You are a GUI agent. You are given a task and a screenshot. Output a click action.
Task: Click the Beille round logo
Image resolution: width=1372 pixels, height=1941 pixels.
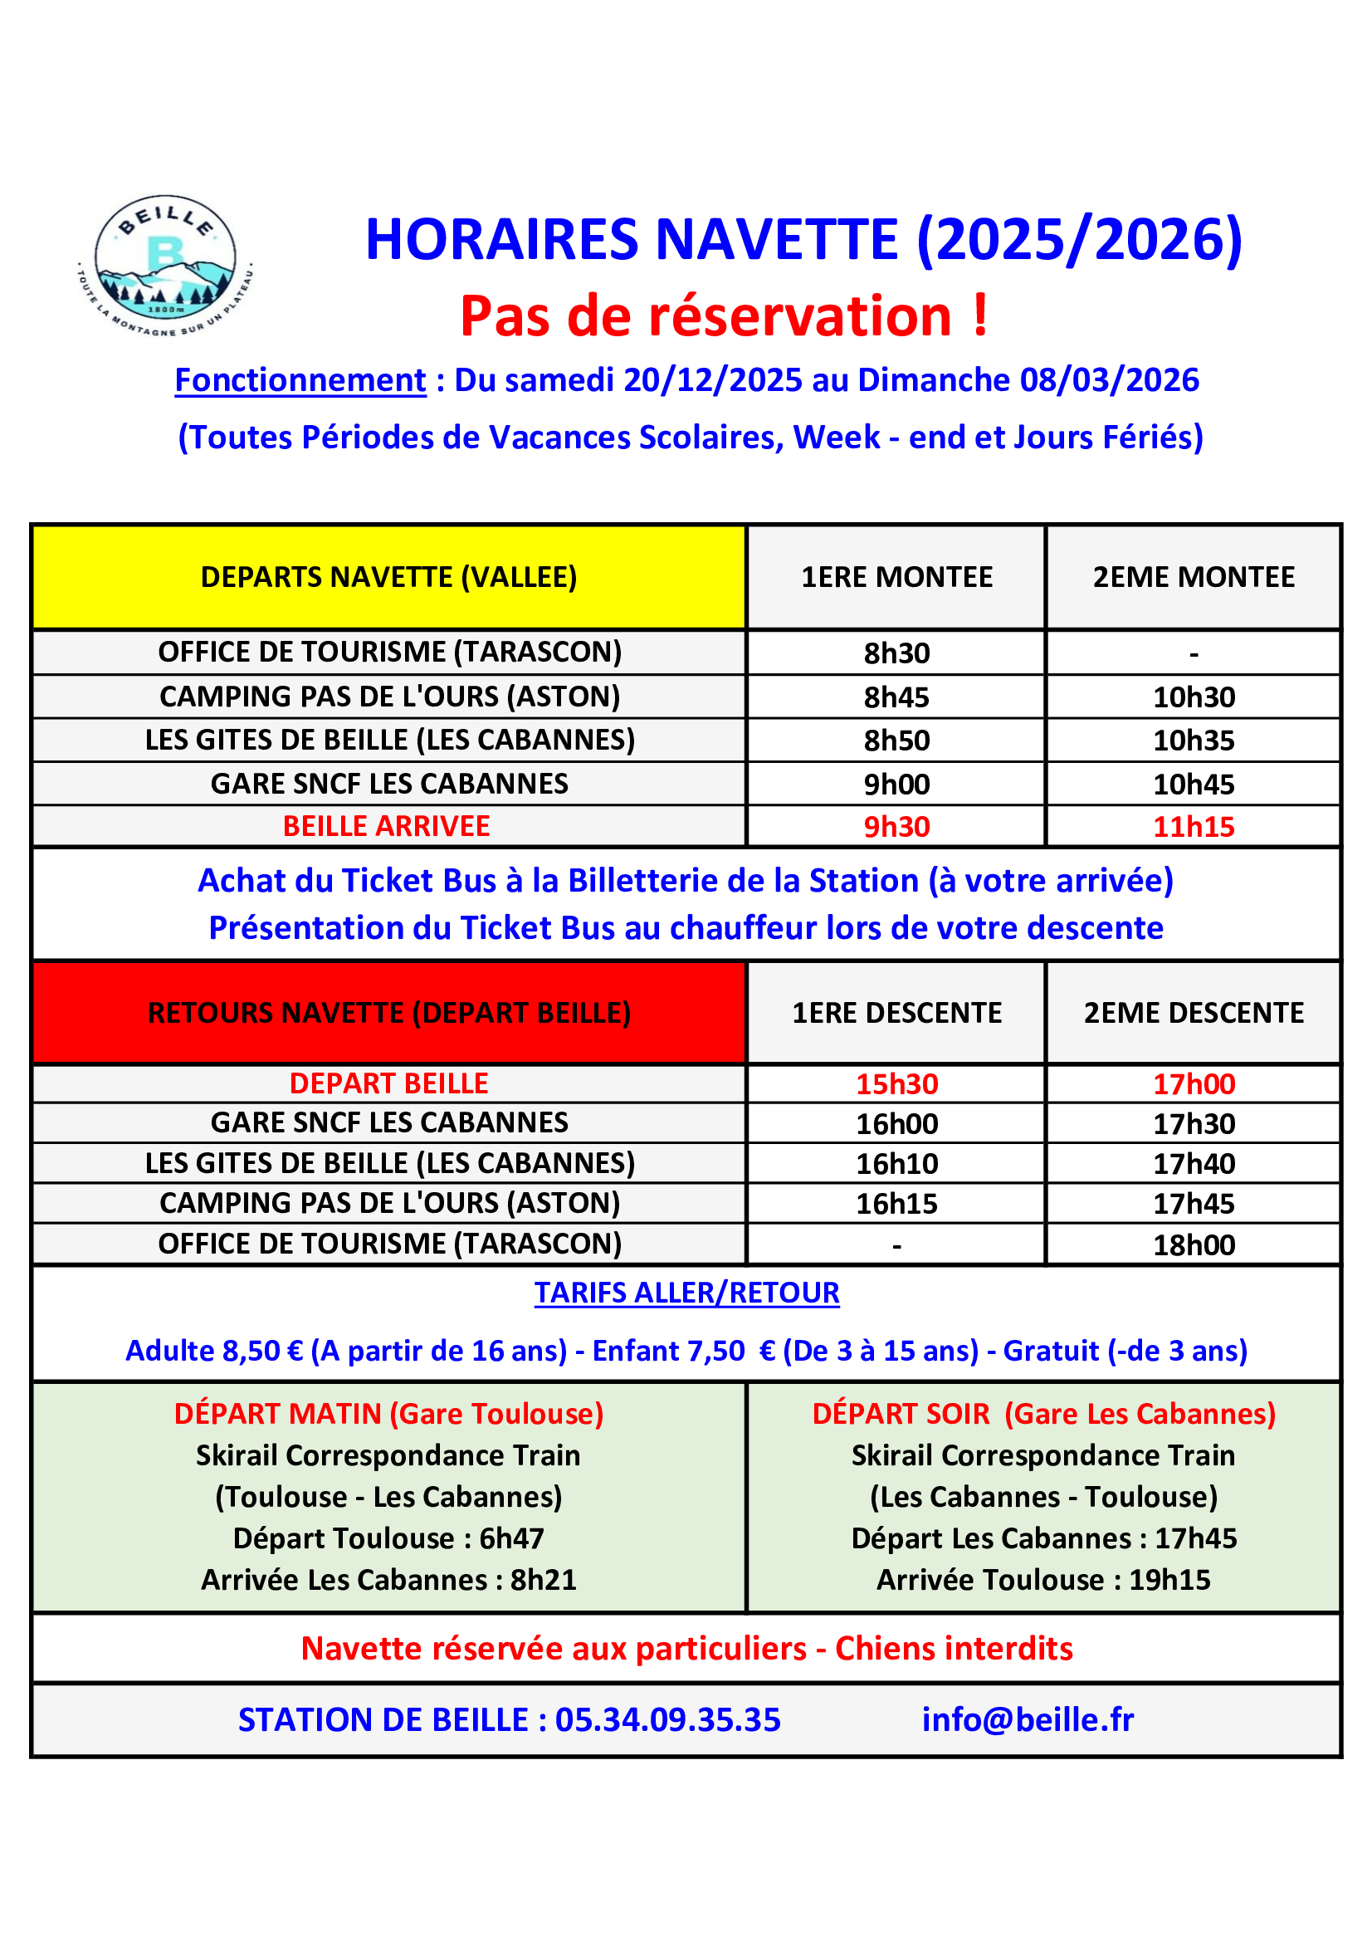pyautogui.click(x=166, y=266)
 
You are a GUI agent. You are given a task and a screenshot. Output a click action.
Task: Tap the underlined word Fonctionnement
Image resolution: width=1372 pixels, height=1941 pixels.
pyautogui.click(x=300, y=380)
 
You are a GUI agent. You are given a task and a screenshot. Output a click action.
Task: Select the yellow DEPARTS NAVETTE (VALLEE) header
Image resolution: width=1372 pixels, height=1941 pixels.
pyautogui.click(x=389, y=577)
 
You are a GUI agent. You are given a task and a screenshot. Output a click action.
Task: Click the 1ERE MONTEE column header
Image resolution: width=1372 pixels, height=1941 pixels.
pyautogui.click(x=896, y=577)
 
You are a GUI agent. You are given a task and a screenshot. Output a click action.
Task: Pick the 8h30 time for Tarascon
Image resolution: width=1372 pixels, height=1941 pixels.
pyautogui.click(x=896, y=653)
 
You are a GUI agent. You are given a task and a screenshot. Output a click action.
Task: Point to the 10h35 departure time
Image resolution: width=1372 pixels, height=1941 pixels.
pyautogui.click(x=1194, y=741)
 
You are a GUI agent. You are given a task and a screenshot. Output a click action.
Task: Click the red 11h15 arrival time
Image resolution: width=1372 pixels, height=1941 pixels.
pyautogui.click(x=1194, y=827)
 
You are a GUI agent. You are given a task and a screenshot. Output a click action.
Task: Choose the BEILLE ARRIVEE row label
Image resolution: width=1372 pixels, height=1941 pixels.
pyautogui.click(x=386, y=826)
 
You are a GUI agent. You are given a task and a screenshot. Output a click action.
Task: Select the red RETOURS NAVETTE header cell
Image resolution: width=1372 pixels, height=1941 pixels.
pyautogui.click(x=389, y=1013)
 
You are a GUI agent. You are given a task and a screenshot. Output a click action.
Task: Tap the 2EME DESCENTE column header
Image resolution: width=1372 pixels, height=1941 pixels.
pyautogui.click(x=1194, y=1013)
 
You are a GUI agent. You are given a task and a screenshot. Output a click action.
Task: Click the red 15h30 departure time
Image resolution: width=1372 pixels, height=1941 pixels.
pyautogui.click(x=897, y=1083)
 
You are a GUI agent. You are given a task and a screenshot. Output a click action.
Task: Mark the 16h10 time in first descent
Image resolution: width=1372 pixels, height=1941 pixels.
pyautogui.click(x=897, y=1164)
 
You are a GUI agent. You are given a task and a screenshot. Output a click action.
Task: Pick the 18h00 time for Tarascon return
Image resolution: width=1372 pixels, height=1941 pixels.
pyautogui.click(x=1194, y=1245)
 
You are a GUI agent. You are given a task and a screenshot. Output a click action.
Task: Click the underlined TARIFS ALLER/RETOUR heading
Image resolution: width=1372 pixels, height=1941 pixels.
pyautogui.click(x=686, y=1293)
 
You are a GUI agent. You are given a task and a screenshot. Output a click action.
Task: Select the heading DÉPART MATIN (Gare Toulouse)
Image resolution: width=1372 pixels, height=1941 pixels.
pyautogui.click(x=389, y=1414)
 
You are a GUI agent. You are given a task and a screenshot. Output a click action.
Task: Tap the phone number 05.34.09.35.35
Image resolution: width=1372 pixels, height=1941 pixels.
pyautogui.click(x=668, y=1719)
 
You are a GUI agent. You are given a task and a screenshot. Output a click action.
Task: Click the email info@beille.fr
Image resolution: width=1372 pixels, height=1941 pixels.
pyautogui.click(x=1027, y=1719)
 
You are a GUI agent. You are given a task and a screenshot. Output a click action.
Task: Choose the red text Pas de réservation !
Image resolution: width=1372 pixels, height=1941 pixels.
pyautogui.click(x=724, y=316)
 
